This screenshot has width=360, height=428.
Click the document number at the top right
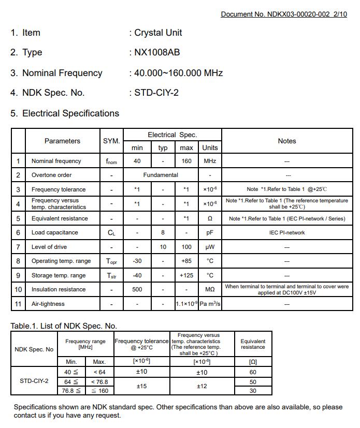point(283,14)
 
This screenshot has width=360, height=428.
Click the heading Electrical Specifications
point(70,113)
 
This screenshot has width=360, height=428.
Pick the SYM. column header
point(111,141)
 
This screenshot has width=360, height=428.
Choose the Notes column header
point(286,141)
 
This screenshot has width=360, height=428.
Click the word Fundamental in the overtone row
point(161,175)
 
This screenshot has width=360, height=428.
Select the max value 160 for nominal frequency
point(186,161)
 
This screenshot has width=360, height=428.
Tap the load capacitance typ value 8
point(163,232)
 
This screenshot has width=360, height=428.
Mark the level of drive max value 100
point(186,247)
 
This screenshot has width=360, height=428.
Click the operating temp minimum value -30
point(137,261)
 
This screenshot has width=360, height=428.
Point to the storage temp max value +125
point(186,275)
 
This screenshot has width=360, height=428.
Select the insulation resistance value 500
point(137,289)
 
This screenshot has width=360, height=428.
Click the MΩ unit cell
point(210,289)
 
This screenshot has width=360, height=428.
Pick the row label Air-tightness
point(48,304)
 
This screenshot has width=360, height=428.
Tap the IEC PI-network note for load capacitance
point(287,232)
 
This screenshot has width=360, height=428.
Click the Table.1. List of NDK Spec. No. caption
point(64,326)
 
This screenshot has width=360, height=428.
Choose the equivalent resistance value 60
point(253,372)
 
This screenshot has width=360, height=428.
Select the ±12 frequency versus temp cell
point(201,386)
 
